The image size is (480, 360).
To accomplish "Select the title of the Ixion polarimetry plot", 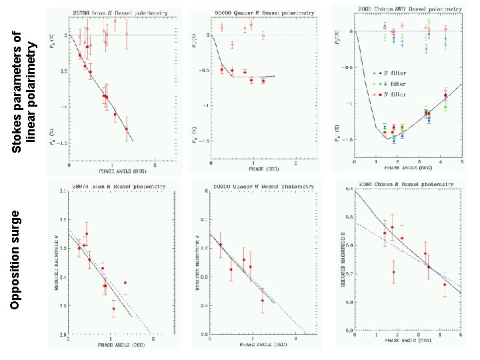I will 110,13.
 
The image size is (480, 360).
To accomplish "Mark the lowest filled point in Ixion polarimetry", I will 127,129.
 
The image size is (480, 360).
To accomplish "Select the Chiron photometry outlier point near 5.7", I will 394,272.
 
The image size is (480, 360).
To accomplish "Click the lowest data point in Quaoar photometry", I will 263,301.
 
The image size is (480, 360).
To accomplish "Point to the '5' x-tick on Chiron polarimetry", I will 460,164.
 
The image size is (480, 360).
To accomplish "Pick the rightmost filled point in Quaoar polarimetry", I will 263,81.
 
